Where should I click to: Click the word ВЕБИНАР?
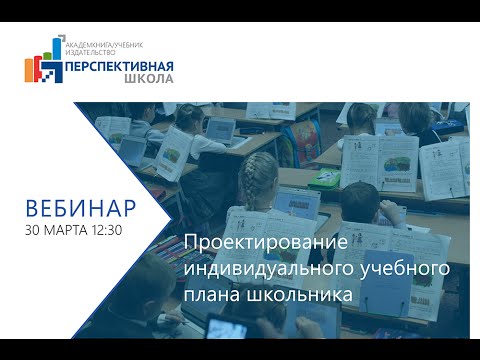(79, 209)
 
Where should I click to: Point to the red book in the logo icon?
(41, 74)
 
